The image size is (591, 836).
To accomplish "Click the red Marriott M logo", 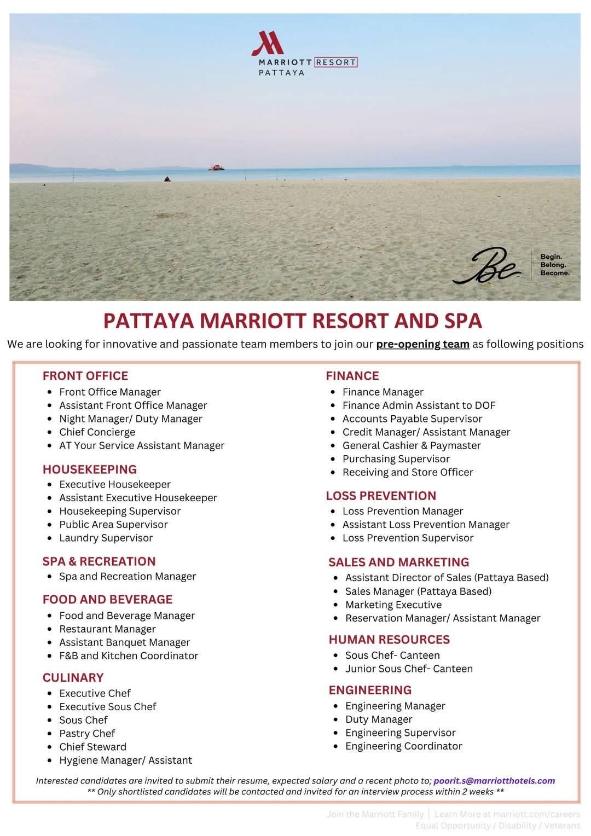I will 266,44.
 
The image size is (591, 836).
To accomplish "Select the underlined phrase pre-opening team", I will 422,344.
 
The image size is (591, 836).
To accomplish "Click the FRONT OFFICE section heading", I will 85,376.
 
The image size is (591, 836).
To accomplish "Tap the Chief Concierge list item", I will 97,432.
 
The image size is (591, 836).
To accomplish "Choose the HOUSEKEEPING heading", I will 90,469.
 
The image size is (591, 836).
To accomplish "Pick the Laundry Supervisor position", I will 106,538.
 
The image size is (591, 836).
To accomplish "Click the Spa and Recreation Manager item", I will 127,576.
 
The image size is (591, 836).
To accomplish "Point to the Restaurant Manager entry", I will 107,629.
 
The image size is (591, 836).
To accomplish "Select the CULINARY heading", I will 73,678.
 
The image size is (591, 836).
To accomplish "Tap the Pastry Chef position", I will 87,734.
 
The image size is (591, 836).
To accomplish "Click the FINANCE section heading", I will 352,376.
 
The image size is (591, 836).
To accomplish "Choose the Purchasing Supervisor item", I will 396,459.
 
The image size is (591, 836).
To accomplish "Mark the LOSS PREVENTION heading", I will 381,496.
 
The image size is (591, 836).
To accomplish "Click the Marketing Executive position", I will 393,605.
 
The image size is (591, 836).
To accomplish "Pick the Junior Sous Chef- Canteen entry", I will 408,669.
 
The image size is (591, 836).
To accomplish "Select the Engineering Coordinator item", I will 403,746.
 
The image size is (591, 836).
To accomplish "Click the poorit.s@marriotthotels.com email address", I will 494,781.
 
